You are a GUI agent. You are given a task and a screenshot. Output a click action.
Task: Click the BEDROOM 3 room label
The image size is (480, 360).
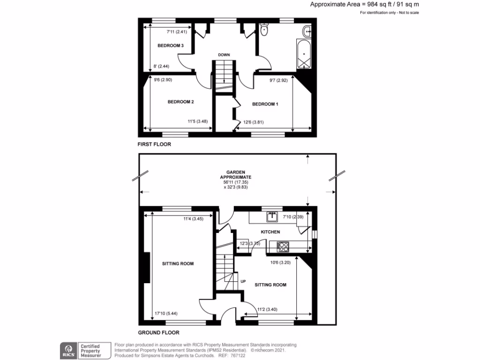170,45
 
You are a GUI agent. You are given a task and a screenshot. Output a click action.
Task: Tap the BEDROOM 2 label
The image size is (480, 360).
181,102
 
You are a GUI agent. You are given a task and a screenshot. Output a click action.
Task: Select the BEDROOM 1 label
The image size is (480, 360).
265,104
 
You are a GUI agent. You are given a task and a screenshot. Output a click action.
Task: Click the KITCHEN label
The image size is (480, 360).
270,232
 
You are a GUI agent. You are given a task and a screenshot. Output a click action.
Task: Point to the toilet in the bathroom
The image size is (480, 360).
264,30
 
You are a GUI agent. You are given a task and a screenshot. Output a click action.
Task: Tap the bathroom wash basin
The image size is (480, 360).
307,32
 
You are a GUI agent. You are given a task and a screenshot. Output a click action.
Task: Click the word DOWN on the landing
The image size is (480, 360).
224,55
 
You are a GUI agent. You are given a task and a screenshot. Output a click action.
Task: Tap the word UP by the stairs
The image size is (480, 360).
243,282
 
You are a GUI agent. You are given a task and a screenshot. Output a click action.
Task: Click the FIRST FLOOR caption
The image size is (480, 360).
154,144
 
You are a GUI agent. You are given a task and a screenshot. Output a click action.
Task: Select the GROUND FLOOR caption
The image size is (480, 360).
158,333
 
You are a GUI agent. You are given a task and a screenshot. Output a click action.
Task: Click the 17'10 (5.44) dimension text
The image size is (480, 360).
166,314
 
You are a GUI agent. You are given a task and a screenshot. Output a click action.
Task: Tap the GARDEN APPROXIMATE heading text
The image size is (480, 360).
236,175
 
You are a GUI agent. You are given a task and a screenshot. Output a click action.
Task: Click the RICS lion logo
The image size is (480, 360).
68,350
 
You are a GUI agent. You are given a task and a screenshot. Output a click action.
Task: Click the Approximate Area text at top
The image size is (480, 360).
364,4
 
